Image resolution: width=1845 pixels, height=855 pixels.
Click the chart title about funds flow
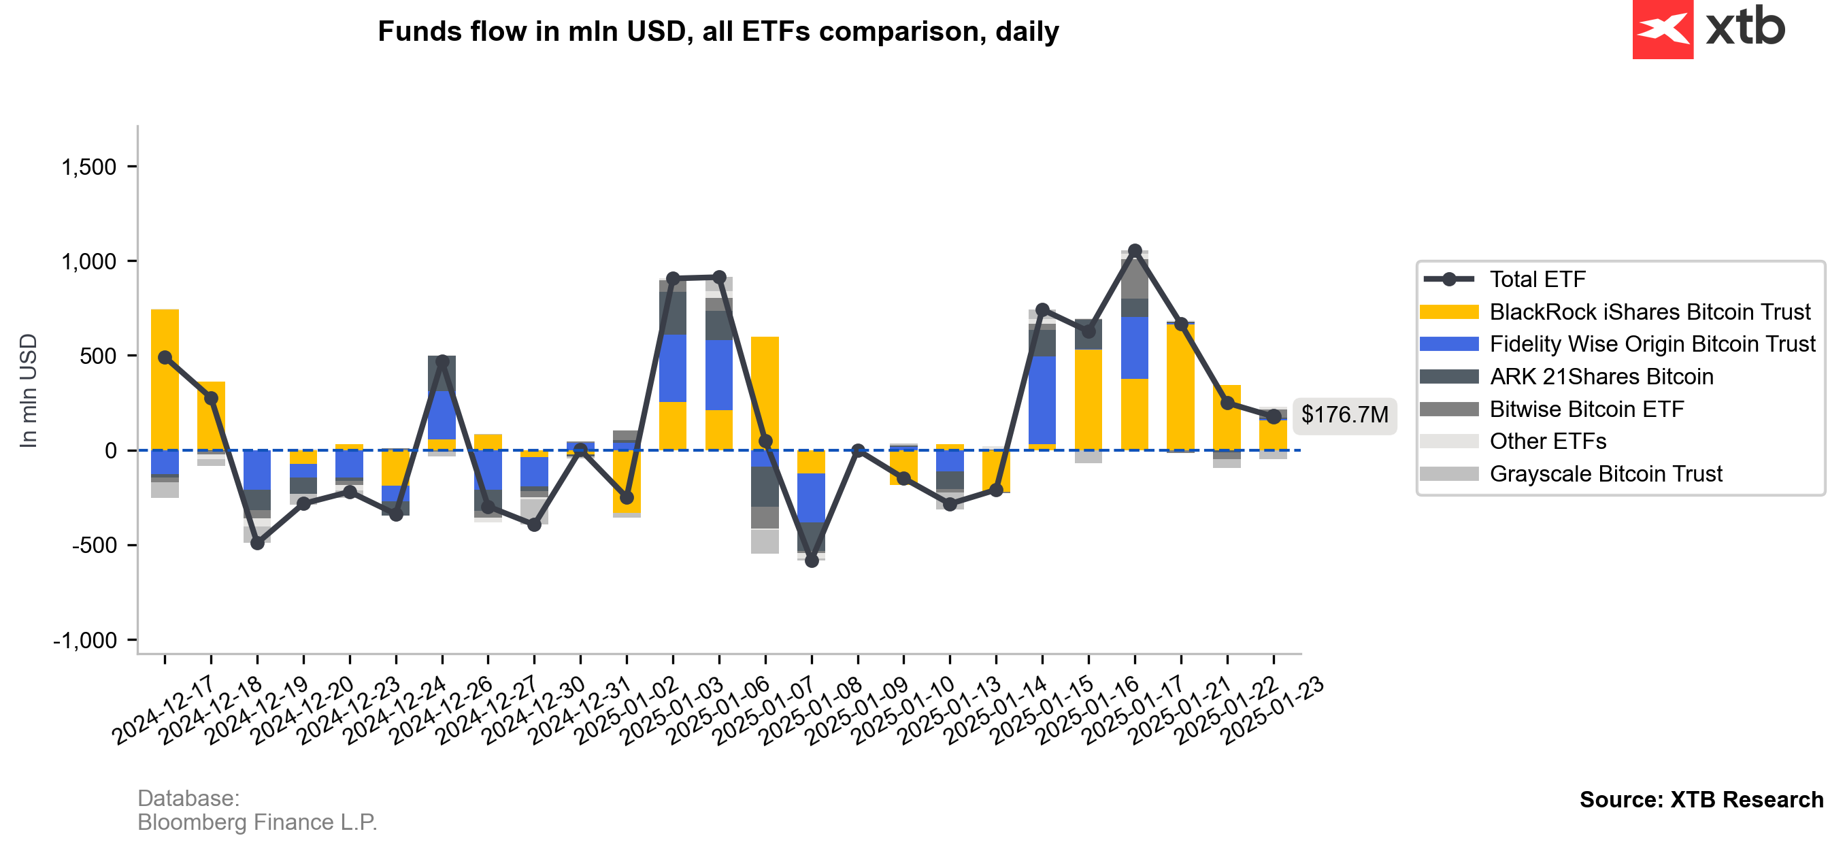(x=718, y=31)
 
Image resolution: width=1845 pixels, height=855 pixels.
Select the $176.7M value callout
(x=1344, y=415)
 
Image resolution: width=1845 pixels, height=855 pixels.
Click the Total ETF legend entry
(x=1537, y=280)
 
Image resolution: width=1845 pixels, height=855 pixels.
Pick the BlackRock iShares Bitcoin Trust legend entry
(x=1649, y=312)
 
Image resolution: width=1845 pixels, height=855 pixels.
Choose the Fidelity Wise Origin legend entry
(x=1652, y=344)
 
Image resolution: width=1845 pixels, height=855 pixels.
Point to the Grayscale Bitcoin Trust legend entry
(x=1605, y=474)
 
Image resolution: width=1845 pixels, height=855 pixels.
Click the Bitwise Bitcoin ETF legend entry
(x=1586, y=409)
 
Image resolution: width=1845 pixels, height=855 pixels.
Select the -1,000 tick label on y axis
(x=84, y=640)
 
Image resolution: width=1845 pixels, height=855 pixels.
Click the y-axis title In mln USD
(x=29, y=391)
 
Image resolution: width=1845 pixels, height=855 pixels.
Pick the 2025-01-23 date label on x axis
(x=1273, y=709)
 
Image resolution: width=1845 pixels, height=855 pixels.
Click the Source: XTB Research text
(x=1701, y=799)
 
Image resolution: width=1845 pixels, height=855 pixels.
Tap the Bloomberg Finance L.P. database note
(x=257, y=822)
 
